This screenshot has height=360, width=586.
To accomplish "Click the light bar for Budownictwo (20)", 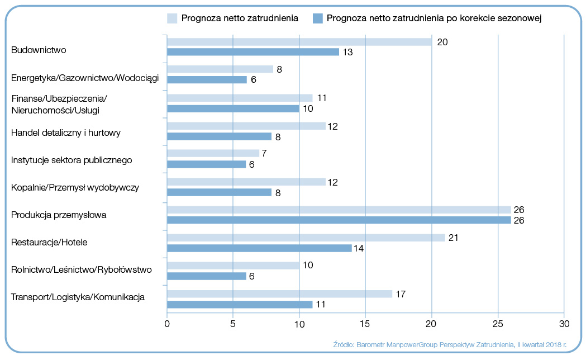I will [299, 42].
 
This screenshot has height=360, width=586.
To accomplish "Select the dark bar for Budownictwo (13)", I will [252, 52].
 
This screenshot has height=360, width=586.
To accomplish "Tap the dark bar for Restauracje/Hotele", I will [259, 248].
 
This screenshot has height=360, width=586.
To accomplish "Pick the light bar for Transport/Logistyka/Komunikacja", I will [279, 293].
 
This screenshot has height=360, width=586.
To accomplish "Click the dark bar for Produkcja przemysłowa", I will [339, 220].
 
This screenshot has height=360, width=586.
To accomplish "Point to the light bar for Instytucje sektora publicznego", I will [213, 153].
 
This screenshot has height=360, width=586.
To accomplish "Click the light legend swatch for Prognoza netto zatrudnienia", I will [172, 18].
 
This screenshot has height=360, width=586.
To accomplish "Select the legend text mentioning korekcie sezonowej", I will [435, 18].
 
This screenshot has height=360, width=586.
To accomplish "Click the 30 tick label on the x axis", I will [564, 323].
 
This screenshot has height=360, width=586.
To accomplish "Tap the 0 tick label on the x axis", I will [167, 323].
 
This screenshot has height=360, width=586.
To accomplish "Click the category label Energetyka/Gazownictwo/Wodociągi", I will [85, 78].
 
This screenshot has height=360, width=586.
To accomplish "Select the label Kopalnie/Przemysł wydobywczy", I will [75, 187].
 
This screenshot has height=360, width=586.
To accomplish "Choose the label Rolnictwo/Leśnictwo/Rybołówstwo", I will [82, 269].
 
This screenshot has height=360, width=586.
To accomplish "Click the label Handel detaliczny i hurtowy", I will [66, 132].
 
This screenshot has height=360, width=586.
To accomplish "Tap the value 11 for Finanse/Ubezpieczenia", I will [322, 98].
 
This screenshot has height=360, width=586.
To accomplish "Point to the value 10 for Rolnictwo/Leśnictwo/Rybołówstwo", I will [308, 265].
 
